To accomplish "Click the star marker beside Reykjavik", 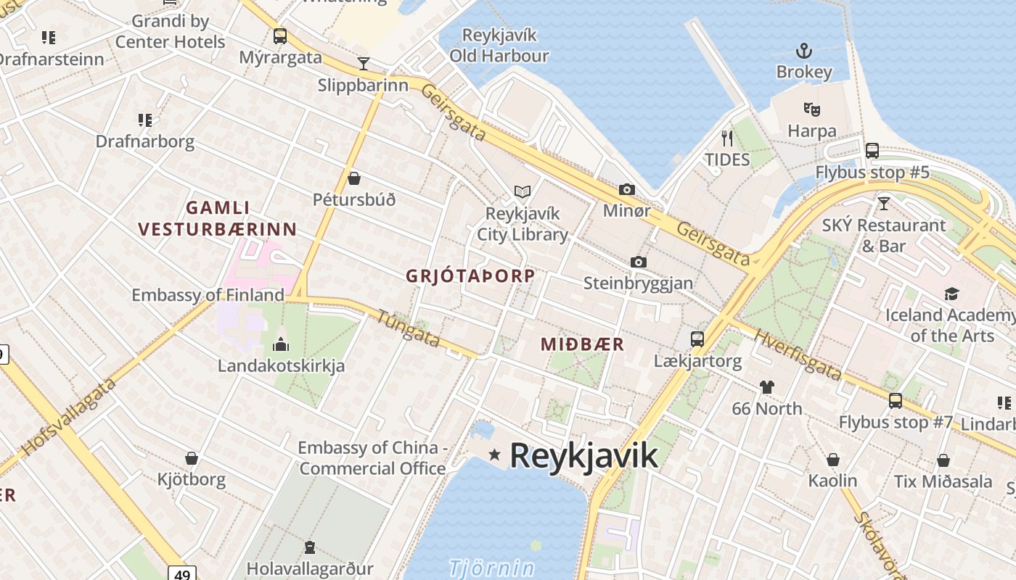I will pyautogui.click(x=495, y=455).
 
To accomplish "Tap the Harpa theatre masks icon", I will pyautogui.click(x=811, y=110).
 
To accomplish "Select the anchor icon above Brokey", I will pyautogui.click(x=803, y=51).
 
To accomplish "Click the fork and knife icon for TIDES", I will pyautogui.click(x=726, y=138).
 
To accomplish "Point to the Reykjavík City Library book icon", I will pyautogui.click(x=523, y=192).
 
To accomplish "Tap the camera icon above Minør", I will pyautogui.click(x=627, y=190).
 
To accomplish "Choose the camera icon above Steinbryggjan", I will pyautogui.click(x=639, y=262).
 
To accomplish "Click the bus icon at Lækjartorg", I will pyautogui.click(x=697, y=339).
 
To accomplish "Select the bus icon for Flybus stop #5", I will pyautogui.click(x=872, y=151).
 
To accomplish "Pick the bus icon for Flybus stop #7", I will pyautogui.click(x=896, y=400).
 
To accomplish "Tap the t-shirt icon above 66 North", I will pyautogui.click(x=767, y=386).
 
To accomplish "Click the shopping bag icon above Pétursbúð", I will pyautogui.click(x=354, y=178).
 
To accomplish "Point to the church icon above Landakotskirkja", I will pyautogui.click(x=281, y=344).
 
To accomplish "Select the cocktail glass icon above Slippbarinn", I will pyautogui.click(x=363, y=64).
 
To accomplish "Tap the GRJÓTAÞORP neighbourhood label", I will pyautogui.click(x=470, y=276).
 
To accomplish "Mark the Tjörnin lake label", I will pyautogui.click(x=491, y=568).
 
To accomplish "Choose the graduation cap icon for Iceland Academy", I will pyautogui.click(x=951, y=294).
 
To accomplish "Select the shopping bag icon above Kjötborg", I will pyautogui.click(x=192, y=458).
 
